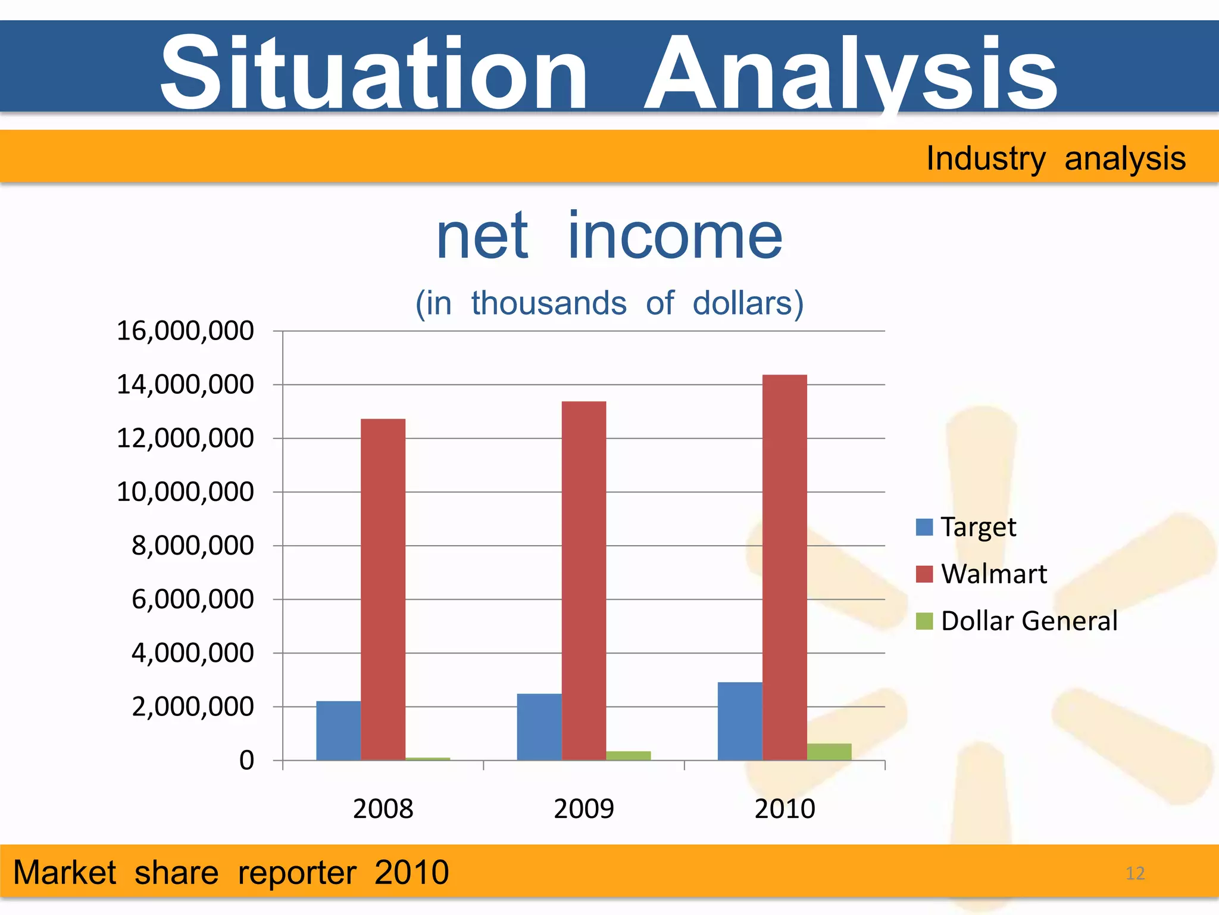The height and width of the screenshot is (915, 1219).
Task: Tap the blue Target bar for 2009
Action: [539, 727]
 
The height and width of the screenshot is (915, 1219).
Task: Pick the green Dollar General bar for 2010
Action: [829, 752]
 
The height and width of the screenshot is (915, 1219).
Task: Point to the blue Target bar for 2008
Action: [338, 730]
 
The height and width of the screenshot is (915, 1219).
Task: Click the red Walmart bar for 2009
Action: [584, 580]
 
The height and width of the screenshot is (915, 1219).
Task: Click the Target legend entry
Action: [967, 527]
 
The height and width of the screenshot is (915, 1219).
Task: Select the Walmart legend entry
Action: [982, 574]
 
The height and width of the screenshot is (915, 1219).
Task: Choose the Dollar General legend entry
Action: [1017, 621]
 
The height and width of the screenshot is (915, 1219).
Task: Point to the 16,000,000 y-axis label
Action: [185, 331]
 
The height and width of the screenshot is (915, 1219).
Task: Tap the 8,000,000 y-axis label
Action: [192, 546]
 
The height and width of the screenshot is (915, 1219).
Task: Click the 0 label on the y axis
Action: [246, 761]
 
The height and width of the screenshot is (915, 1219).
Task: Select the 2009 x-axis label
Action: [583, 809]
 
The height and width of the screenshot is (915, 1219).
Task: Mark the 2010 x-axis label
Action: [784, 809]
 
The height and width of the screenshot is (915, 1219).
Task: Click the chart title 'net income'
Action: [609, 237]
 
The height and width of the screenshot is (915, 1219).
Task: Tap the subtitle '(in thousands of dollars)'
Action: [609, 303]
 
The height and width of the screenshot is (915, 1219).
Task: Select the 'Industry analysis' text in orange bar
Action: [1055, 158]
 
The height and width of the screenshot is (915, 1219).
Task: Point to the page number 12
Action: [1135, 873]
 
